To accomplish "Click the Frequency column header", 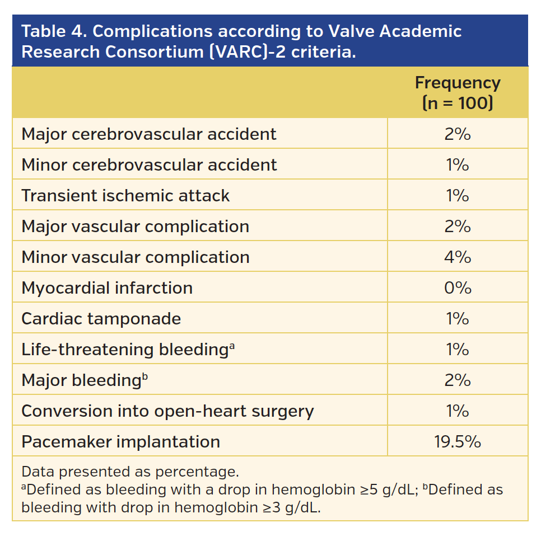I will pos(457,83).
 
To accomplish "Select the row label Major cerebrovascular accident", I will pos(148,134).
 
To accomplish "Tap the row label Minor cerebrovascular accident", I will pos(149,165).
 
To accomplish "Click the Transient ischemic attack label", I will pos(125,196).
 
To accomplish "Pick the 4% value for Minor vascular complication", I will pos(457,257).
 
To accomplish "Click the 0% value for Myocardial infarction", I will pos(457,288).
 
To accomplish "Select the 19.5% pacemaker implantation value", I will pos(457,442).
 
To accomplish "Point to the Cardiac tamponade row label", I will pos(101,319).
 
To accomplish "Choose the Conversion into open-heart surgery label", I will pos(167,411).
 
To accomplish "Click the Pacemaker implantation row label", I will pos(120,442).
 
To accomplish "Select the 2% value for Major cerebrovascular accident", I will pos(457,134).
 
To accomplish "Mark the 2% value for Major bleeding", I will pos(457,380).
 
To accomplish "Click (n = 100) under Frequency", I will pos(457,103).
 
